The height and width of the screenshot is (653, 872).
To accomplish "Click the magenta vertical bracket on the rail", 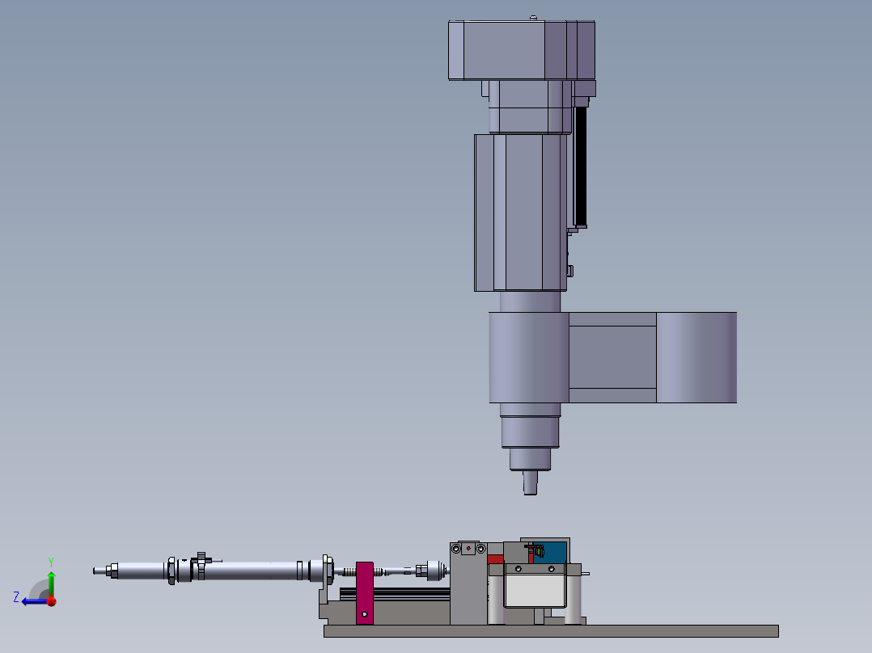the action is tap(365, 593).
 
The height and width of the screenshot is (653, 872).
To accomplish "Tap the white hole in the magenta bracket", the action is tap(364, 614).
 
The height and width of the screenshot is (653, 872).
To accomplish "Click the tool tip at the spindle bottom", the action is tap(531, 483).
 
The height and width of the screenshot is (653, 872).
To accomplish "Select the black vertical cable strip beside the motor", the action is tap(580, 166).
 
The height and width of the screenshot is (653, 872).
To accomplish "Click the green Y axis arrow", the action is tap(51, 581).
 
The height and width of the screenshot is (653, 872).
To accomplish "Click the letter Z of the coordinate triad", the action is tap(16, 597).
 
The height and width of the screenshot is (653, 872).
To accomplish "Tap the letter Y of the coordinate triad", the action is tap(51, 562).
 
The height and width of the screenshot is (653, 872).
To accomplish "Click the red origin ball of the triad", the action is tap(52, 601).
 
